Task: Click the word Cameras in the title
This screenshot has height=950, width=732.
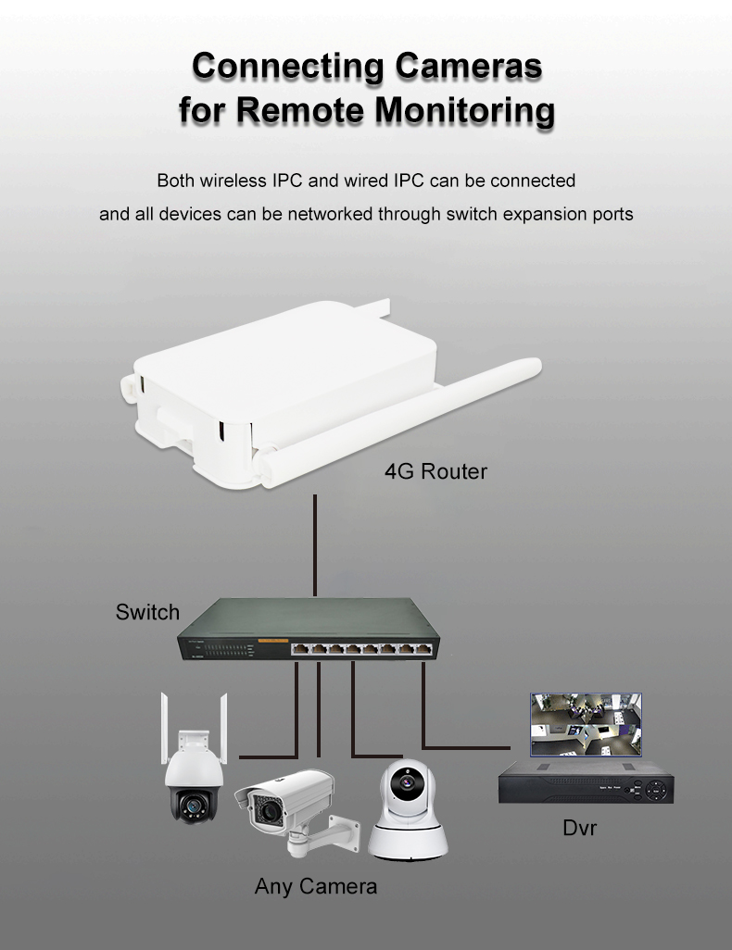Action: click(x=468, y=66)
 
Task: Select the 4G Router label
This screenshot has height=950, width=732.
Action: click(x=435, y=471)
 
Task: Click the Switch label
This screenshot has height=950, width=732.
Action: click(x=147, y=612)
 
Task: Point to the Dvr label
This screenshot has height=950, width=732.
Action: click(x=580, y=828)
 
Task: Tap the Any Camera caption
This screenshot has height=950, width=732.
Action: click(x=316, y=886)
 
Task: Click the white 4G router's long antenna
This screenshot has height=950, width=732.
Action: click(x=400, y=421)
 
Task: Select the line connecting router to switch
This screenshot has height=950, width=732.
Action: click(x=315, y=545)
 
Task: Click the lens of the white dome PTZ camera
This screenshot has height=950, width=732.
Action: click(x=194, y=806)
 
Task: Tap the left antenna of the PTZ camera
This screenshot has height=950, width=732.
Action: click(x=164, y=729)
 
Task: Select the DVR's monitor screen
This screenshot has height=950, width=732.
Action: click(x=586, y=725)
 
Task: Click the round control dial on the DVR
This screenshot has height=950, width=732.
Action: click(x=657, y=790)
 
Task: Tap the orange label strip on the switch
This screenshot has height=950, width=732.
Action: click(x=273, y=640)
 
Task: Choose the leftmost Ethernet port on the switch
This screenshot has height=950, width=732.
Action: click(x=300, y=649)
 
